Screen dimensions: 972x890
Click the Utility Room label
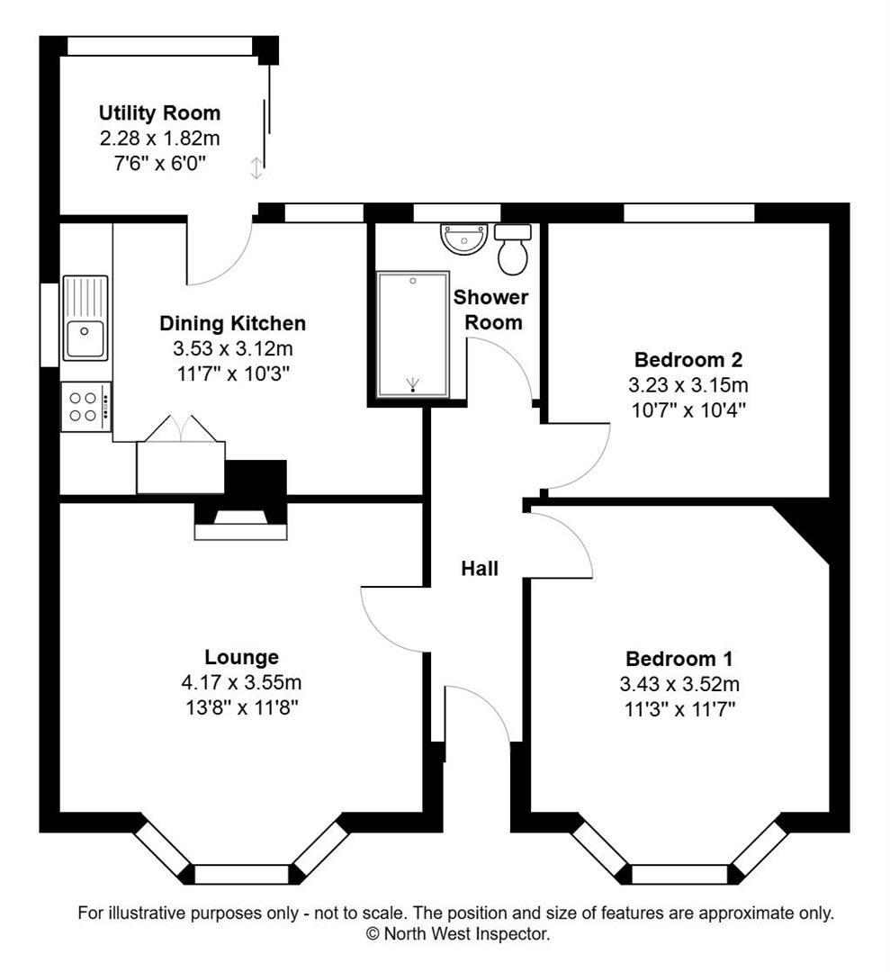tap(159, 113)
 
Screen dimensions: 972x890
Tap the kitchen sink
tap(85, 318)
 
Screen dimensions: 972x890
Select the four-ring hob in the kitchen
tap(85, 406)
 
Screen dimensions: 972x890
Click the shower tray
tap(413, 334)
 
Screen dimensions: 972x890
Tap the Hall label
tap(480, 568)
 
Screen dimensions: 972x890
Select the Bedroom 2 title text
tap(688, 360)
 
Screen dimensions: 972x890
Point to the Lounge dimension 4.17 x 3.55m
tap(241, 682)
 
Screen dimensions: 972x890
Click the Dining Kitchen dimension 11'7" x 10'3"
tap(232, 371)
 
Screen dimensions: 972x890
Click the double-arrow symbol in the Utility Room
tap(256, 167)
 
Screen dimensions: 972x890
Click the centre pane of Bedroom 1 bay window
tap(679, 874)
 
